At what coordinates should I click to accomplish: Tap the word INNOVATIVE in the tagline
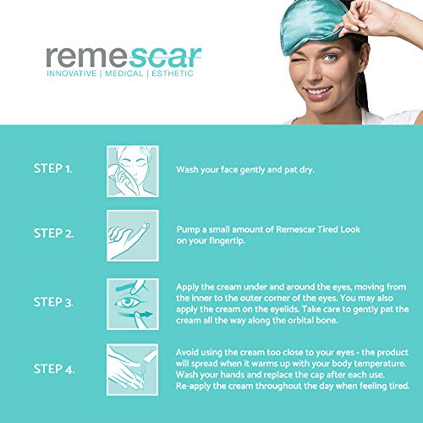point(72,74)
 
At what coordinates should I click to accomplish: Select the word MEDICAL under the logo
point(124,74)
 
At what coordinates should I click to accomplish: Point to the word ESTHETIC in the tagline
point(173,74)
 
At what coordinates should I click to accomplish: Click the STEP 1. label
point(52,168)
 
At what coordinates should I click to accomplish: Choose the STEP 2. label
point(53,233)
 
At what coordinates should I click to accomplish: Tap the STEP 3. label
point(53,302)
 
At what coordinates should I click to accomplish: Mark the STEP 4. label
point(54,369)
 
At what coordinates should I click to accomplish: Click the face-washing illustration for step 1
point(133,171)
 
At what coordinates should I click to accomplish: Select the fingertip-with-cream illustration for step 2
point(133,235)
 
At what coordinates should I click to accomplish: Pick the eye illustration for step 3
point(133,304)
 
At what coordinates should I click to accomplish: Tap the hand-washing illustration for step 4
point(133,370)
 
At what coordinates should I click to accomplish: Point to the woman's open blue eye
point(330,58)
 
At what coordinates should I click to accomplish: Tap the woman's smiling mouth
point(317,92)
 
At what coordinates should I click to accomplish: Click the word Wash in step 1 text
point(187,169)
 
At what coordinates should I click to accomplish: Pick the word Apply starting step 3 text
point(187,288)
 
